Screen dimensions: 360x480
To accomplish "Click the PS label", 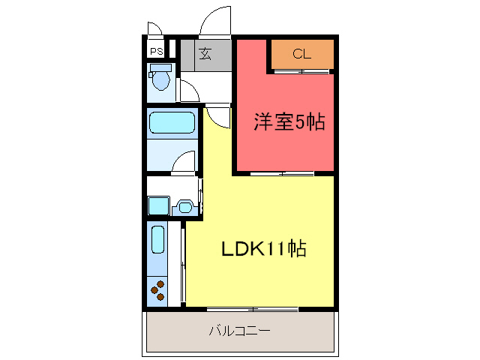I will (x=156, y=52).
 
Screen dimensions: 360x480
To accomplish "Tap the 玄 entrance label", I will (x=205, y=53).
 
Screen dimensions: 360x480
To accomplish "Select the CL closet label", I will (x=301, y=53).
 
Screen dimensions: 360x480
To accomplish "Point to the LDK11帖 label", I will (x=263, y=250).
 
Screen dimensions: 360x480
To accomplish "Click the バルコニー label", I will (x=239, y=330).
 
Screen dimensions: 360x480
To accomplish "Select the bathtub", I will (x=172, y=122).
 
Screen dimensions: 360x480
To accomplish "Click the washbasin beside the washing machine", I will (x=183, y=206).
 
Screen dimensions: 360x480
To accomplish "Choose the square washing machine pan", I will (x=157, y=205).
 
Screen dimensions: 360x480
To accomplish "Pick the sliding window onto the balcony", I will (x=253, y=308).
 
